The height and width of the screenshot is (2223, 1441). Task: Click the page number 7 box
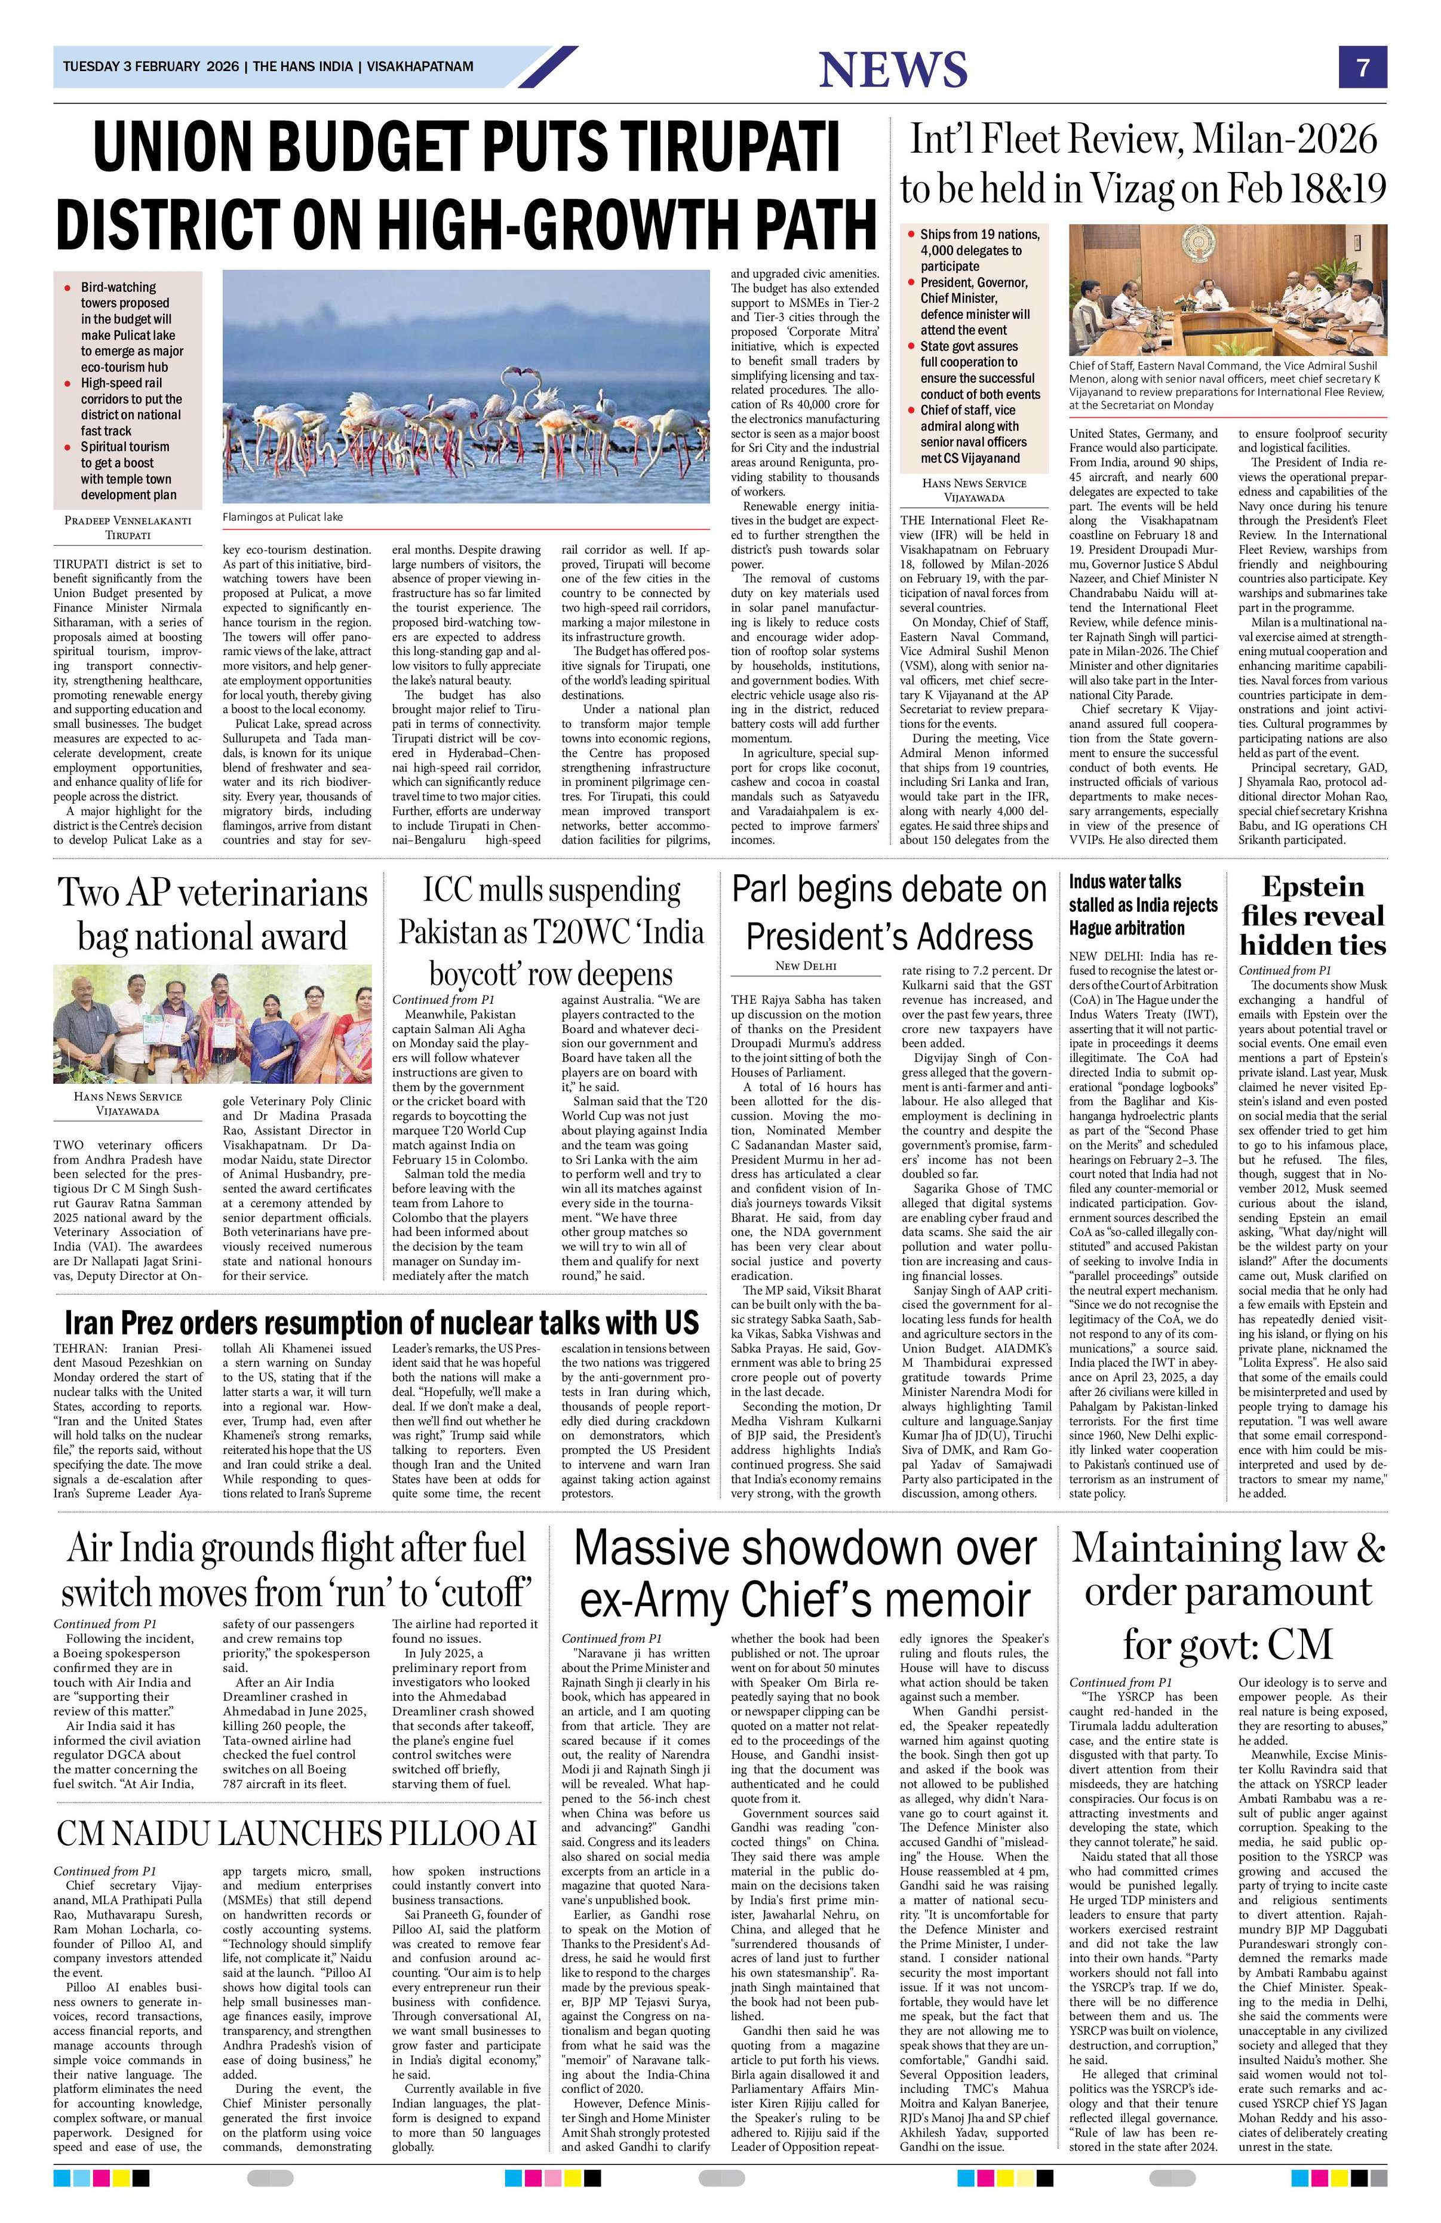point(1363,67)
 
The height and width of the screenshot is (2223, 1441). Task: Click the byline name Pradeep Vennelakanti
point(127,519)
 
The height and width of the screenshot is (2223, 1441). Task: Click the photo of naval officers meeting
point(1227,290)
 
